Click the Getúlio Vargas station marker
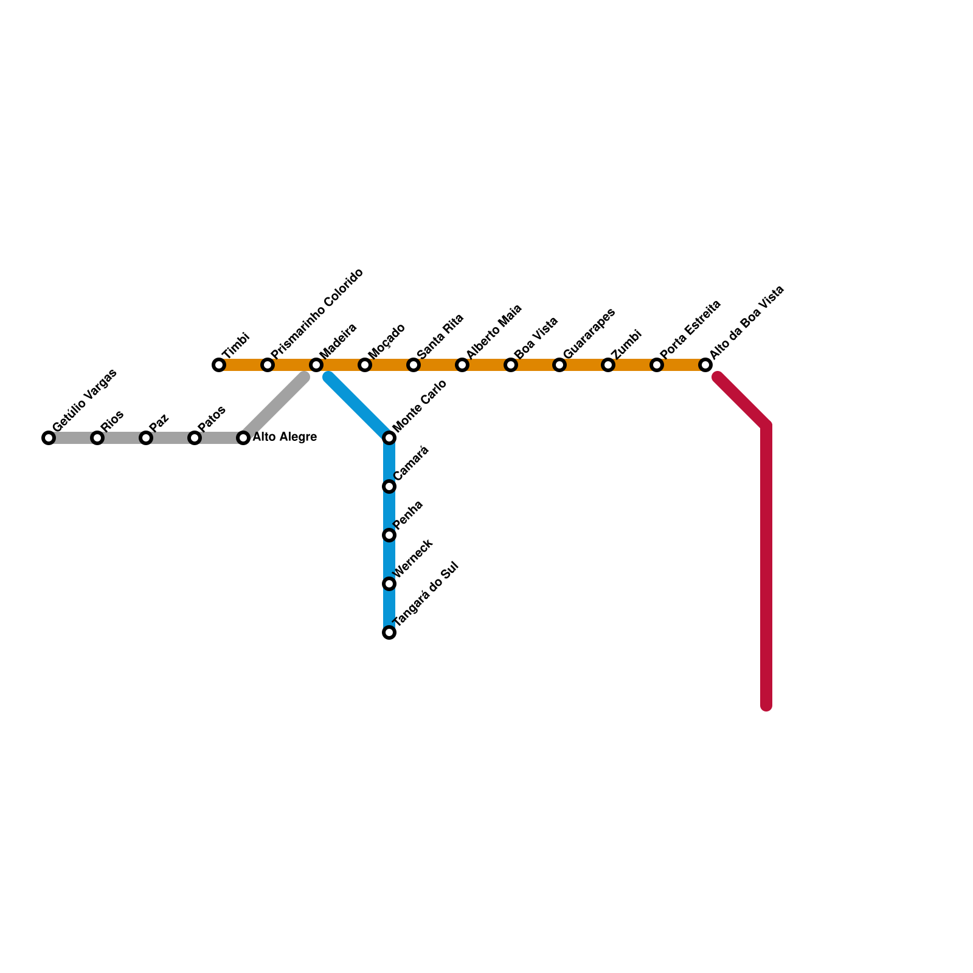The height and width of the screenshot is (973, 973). point(49,438)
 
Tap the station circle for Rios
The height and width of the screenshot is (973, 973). point(97,438)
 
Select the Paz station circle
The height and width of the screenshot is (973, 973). point(146,438)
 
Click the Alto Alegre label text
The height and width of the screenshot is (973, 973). point(285,437)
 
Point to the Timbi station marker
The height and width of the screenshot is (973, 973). point(219,365)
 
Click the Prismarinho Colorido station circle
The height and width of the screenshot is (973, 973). point(268,365)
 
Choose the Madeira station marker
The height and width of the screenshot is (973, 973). point(316,365)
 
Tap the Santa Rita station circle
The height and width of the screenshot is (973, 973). point(414,365)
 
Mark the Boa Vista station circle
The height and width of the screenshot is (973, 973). point(511,365)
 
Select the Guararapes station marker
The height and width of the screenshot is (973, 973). point(559,365)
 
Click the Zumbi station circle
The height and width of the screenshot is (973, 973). point(608,365)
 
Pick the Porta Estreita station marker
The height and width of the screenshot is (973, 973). point(657,365)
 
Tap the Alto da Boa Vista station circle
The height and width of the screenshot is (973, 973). point(705,365)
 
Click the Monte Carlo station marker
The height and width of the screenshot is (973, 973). point(390,438)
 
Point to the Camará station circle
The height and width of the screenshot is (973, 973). point(390,486)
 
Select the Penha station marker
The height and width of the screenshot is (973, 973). point(390,535)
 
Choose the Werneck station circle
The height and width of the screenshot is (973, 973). point(390,584)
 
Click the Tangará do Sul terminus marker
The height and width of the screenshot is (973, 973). point(390,632)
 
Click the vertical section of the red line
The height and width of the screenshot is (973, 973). point(767,566)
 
